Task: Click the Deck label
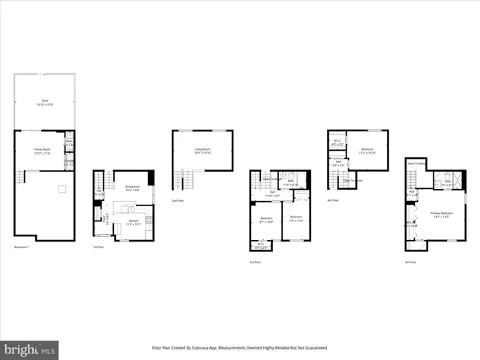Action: pyautogui.click(x=45, y=101)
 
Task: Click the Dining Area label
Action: pyautogui.click(x=131, y=189)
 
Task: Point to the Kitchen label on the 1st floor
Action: pyautogui.click(x=133, y=222)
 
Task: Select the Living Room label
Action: pyautogui.click(x=202, y=151)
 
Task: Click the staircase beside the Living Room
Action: pyautogui.click(x=184, y=180)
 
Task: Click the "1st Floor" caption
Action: pyautogui.click(x=98, y=247)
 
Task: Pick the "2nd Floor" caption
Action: pyautogui.click(x=178, y=201)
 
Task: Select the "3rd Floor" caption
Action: pyautogui.click(x=255, y=262)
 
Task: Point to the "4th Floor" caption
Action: pyautogui.click(x=334, y=200)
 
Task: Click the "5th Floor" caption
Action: pyautogui.click(x=410, y=262)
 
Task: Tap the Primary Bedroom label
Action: pyautogui.click(x=440, y=214)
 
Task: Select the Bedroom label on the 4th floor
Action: pyautogui.click(x=367, y=150)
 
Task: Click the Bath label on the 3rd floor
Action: pyautogui.click(x=290, y=182)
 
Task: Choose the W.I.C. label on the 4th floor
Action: pyautogui.click(x=337, y=142)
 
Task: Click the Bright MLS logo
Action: pyautogui.click(x=29, y=350)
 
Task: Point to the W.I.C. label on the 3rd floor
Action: pyautogui.click(x=261, y=245)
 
